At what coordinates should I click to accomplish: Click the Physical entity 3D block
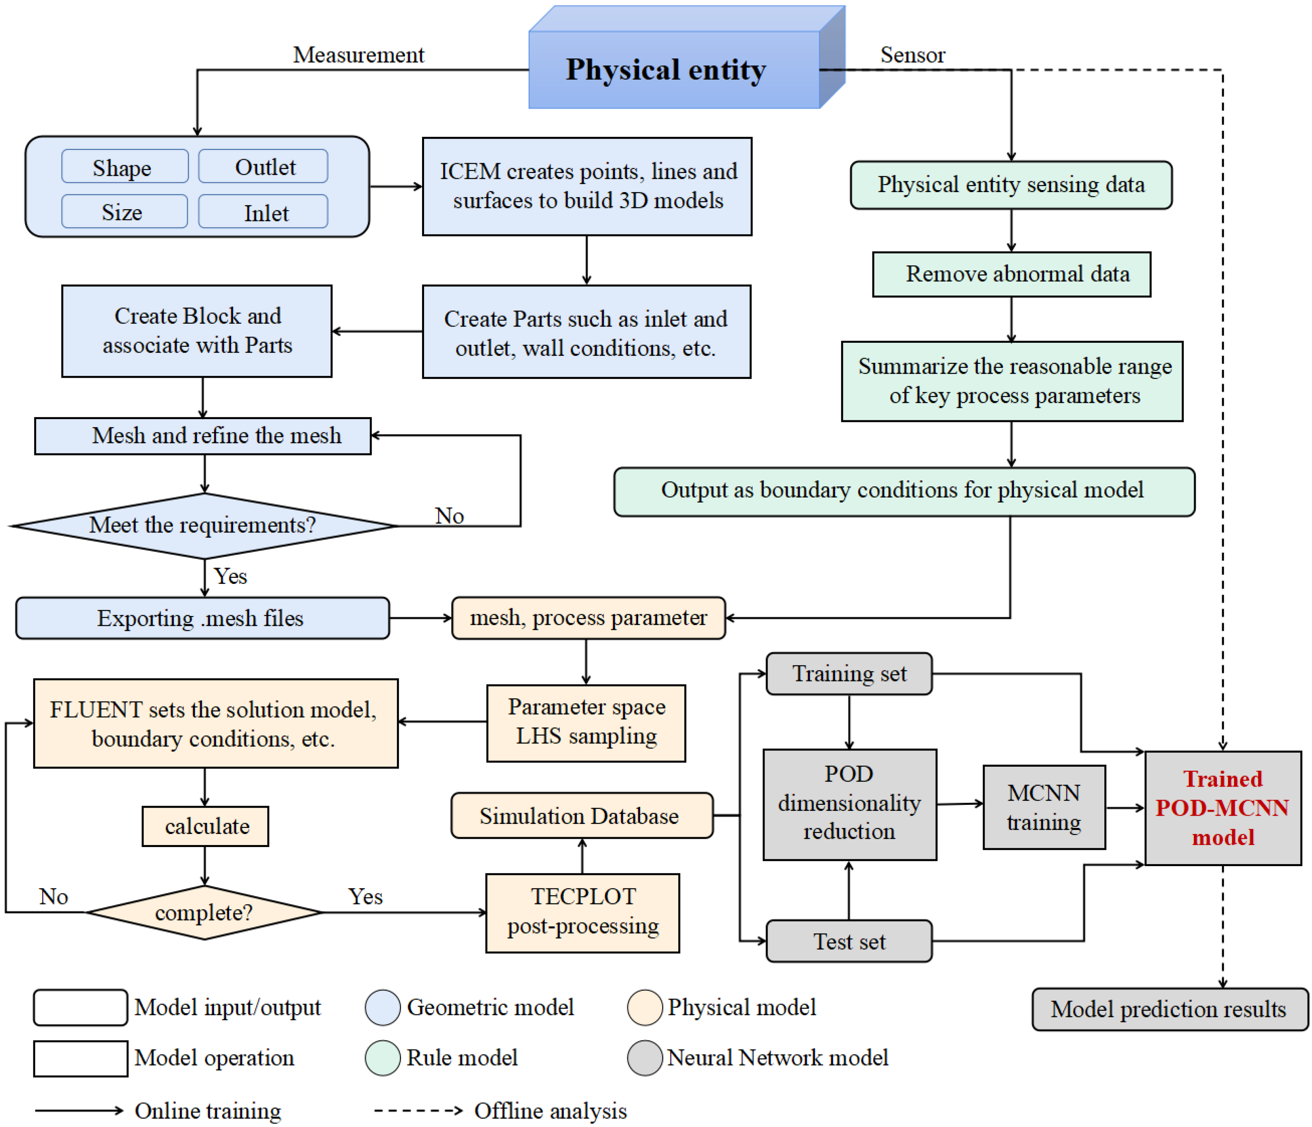click(x=674, y=70)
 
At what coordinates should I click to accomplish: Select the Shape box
click(x=125, y=167)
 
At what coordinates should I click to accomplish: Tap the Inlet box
click(x=263, y=212)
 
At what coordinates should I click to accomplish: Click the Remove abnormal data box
click(x=1011, y=274)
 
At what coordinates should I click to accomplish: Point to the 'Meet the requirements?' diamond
click(x=204, y=525)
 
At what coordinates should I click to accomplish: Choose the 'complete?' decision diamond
click(x=204, y=912)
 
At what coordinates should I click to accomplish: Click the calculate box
click(x=205, y=826)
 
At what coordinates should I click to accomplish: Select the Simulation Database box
click(x=581, y=816)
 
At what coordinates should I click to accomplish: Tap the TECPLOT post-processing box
click(x=582, y=912)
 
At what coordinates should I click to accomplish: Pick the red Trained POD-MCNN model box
click(x=1223, y=808)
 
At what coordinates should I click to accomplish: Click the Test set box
click(x=849, y=941)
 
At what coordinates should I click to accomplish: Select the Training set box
click(x=849, y=674)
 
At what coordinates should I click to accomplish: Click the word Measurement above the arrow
click(x=358, y=55)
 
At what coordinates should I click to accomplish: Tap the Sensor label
click(x=913, y=55)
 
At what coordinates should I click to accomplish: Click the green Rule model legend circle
click(x=382, y=1057)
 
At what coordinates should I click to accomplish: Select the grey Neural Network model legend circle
click(x=644, y=1057)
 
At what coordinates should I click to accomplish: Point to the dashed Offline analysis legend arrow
click(x=418, y=1110)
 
